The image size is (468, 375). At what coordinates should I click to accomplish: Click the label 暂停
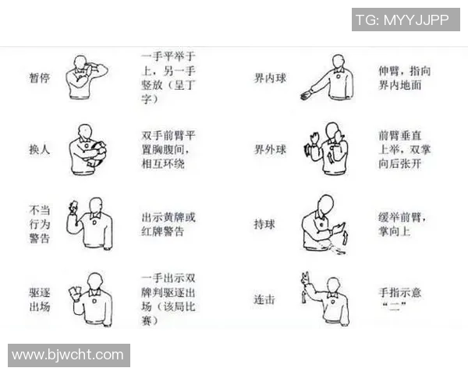pyautogui.click(x=39, y=79)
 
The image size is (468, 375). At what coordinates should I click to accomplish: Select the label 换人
pyautogui.click(x=39, y=148)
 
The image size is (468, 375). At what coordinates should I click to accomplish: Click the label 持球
pyautogui.click(x=264, y=224)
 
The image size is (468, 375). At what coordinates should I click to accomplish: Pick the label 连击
pyautogui.click(x=264, y=299)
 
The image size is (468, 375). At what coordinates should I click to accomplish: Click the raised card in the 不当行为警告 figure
pyautogui.click(x=73, y=205)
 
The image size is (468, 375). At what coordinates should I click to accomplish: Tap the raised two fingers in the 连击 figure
pyautogui.click(x=305, y=277)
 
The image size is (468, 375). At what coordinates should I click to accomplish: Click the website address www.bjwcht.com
pyautogui.click(x=68, y=355)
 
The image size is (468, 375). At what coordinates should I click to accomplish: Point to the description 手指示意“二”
pyautogui.click(x=399, y=299)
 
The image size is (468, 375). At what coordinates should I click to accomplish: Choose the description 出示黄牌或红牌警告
pyautogui.click(x=168, y=224)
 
